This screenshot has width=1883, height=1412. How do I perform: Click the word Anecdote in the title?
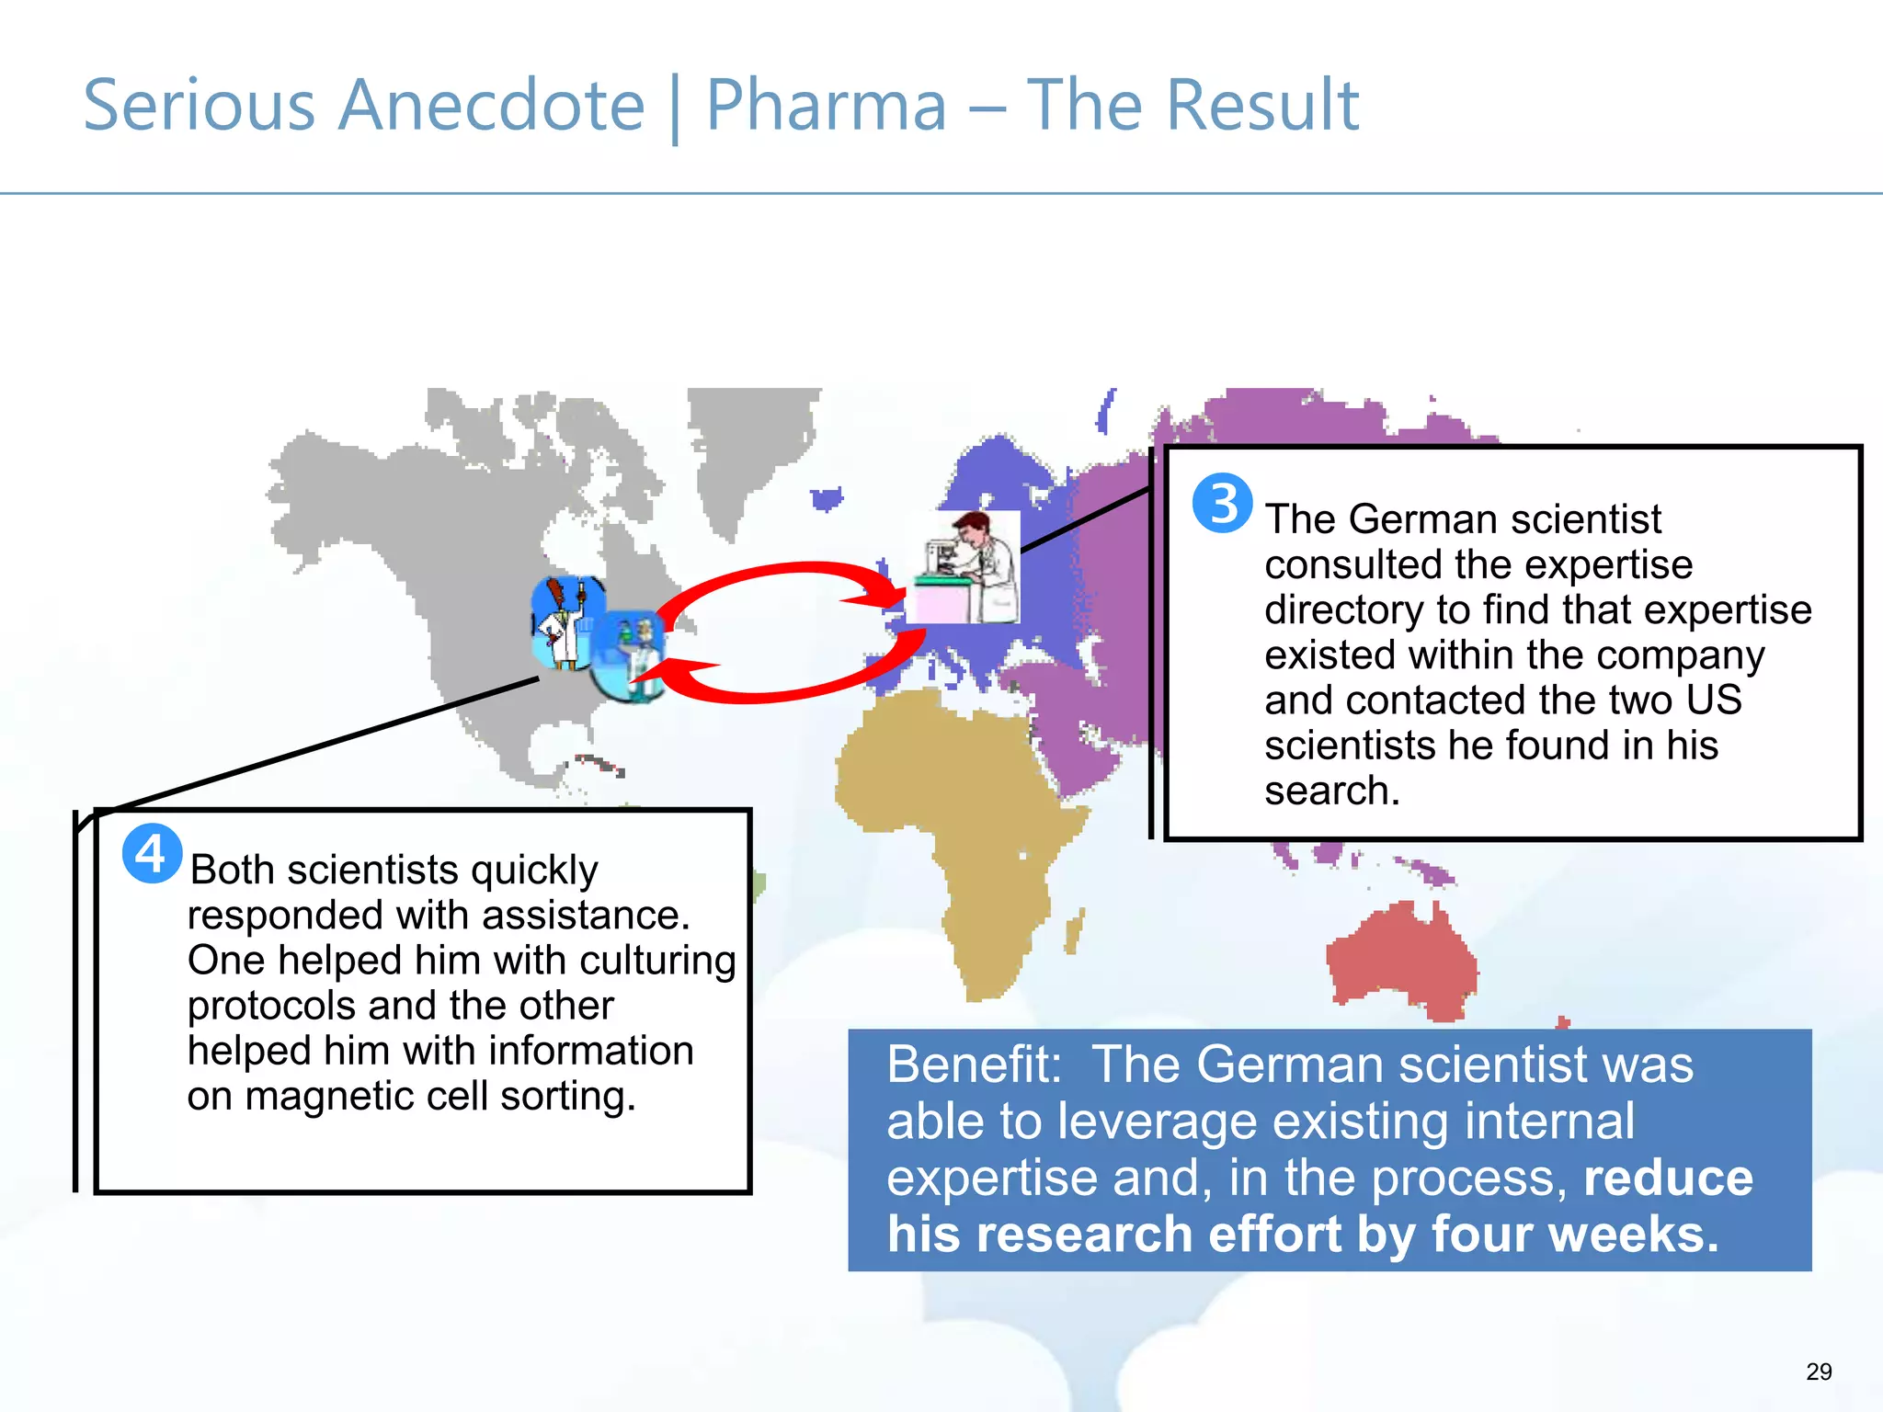click(x=492, y=106)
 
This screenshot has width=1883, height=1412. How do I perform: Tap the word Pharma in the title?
click(x=826, y=106)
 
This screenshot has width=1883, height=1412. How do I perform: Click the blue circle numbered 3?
click(x=1222, y=503)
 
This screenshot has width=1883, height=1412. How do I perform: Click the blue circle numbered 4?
click(x=152, y=854)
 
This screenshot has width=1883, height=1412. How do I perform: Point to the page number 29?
click(x=1819, y=1372)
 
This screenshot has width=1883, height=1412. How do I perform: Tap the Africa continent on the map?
click(x=956, y=827)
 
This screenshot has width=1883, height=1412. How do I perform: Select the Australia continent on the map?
click(x=1402, y=961)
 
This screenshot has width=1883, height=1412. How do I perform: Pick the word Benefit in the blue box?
click(x=973, y=1065)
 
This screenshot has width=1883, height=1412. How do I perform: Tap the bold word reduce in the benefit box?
click(x=1668, y=1178)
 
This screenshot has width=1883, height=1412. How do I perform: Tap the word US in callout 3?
click(x=1714, y=700)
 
